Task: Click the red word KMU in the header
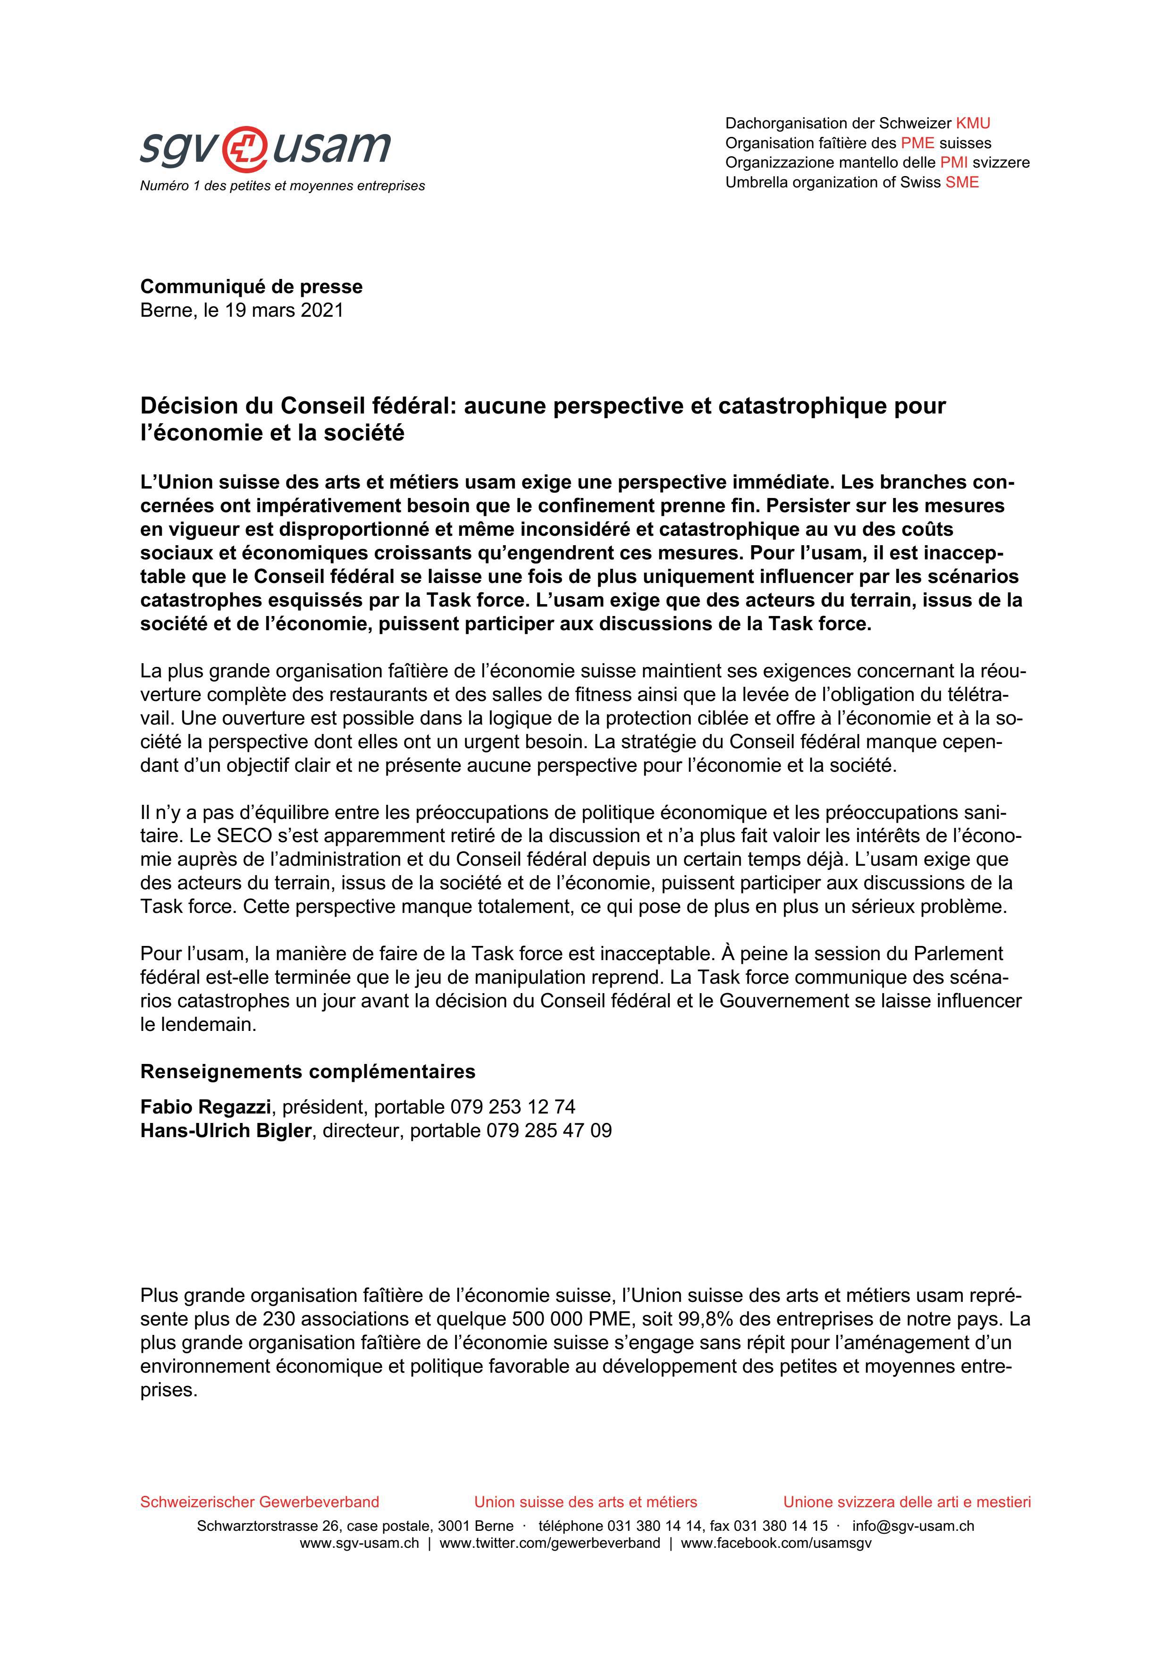point(973,123)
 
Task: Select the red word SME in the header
point(962,182)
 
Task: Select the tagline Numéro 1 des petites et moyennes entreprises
point(282,186)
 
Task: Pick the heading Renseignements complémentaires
point(308,1072)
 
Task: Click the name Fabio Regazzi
point(205,1106)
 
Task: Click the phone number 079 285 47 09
point(549,1131)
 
